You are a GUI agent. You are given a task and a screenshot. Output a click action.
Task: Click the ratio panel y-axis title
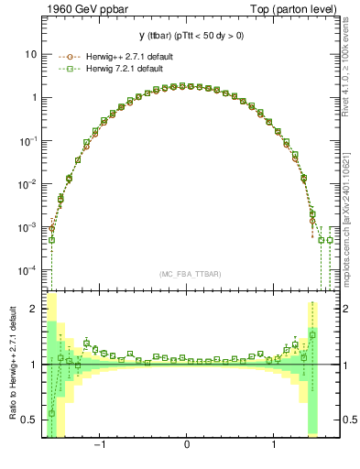coord(12,364)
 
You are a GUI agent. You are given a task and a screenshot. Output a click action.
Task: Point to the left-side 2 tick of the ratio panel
coord(34,309)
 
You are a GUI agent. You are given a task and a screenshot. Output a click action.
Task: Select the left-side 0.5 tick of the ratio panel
coord(31,420)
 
